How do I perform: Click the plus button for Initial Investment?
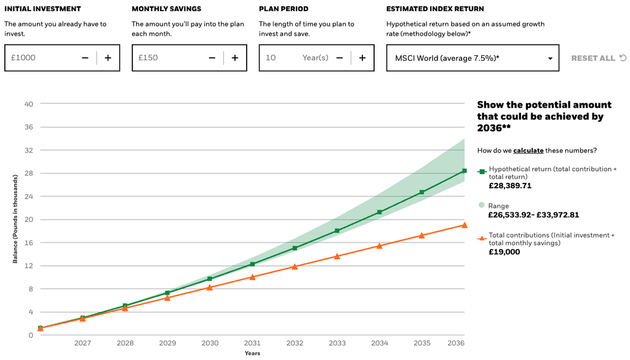coord(108,58)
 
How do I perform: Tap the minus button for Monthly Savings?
coord(212,58)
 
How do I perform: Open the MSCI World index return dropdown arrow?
coord(550,58)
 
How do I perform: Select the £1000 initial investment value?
coord(23,58)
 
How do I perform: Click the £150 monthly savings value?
coord(148,58)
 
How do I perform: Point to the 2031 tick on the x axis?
coord(252,343)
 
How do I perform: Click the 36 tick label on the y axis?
coord(28,127)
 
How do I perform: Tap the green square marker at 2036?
coord(465,170)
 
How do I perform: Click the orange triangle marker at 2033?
coord(337,256)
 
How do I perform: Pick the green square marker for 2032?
coord(295,248)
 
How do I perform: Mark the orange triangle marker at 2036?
coord(465,225)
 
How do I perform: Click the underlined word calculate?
coord(528,150)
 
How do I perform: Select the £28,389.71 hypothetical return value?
coord(510,186)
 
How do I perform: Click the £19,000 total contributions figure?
coord(504,252)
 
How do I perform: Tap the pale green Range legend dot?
coord(482,205)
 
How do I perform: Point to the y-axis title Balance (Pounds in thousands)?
coord(15,219)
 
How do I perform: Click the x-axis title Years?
coord(252,353)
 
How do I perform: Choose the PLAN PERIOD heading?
coord(284,9)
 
